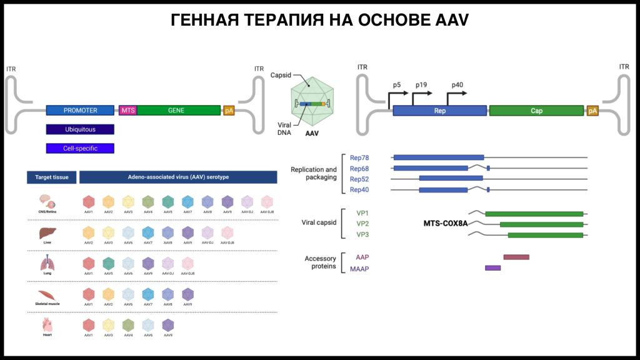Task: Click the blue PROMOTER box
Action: [x=80, y=111]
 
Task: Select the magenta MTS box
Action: [x=127, y=111]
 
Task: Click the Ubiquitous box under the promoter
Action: [x=80, y=129]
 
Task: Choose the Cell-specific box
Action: [x=80, y=149]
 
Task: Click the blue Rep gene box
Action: [x=439, y=111]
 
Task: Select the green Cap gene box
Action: [x=536, y=111]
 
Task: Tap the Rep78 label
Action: [x=359, y=157]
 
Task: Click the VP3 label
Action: [x=362, y=235]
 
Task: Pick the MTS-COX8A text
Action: [x=445, y=223]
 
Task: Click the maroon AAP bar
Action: [x=516, y=257]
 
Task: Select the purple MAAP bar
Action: [x=492, y=268]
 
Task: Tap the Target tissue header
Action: [x=51, y=177]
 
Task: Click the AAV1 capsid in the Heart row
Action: [x=89, y=326]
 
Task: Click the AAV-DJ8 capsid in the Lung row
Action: [x=187, y=264]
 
